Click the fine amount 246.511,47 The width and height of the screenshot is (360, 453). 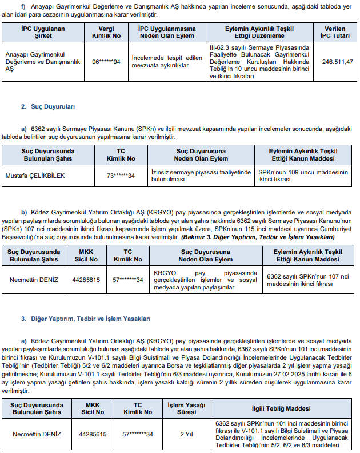[x=337, y=61]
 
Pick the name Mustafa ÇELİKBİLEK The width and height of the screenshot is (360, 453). [x=35, y=176]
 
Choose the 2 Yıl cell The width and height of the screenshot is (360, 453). [x=186, y=434]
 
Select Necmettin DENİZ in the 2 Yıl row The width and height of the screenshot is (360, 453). [x=36, y=434]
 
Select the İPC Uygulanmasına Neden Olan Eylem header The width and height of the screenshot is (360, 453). [x=166, y=31]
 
